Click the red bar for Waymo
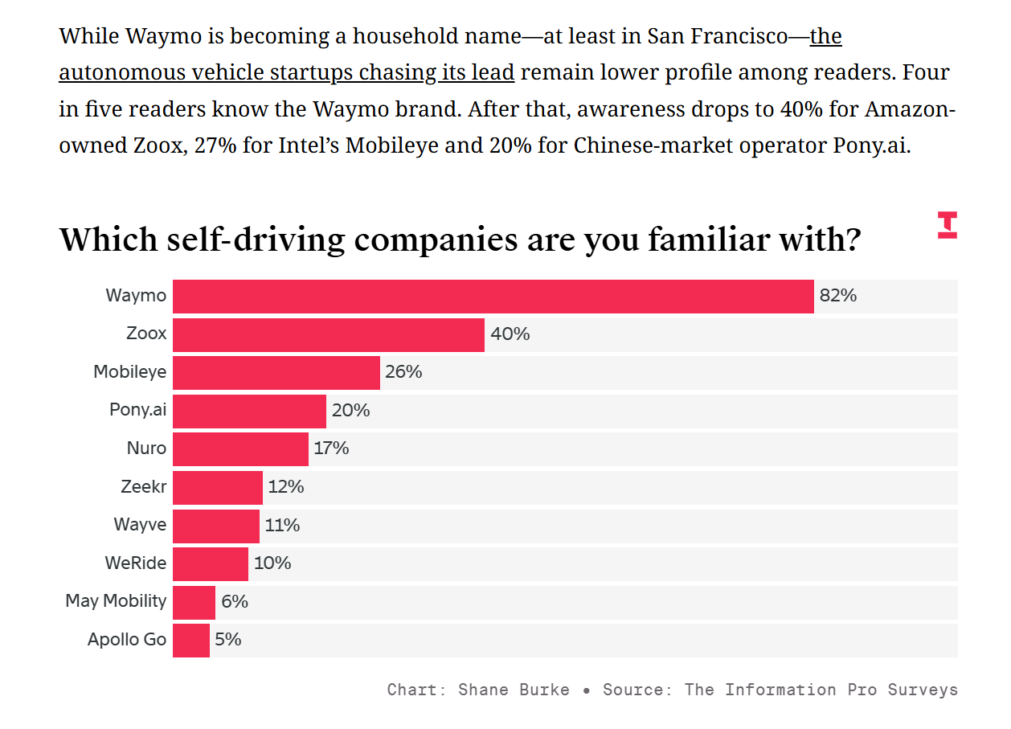tap(493, 296)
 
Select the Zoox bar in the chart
tap(328, 334)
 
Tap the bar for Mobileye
tap(276, 372)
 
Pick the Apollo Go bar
tap(190, 640)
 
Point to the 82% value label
tap(837, 296)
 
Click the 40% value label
tap(510, 334)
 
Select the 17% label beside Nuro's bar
tap(331, 448)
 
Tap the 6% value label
tap(235, 601)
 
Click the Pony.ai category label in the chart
tap(137, 410)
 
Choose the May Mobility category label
tap(116, 601)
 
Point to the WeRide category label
tap(135, 563)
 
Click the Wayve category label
tap(140, 525)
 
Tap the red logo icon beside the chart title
tap(947, 225)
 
